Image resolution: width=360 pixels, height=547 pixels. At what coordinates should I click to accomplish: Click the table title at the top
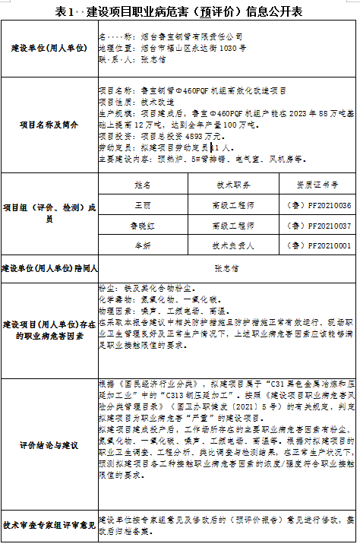point(179,12)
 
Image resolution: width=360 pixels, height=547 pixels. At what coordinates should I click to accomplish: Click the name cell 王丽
point(143,206)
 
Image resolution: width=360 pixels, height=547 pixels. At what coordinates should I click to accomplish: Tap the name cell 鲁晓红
point(143,226)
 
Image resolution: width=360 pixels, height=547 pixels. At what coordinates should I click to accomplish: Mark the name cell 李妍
point(143,245)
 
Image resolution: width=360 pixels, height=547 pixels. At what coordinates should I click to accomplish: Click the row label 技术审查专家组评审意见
point(49,523)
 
